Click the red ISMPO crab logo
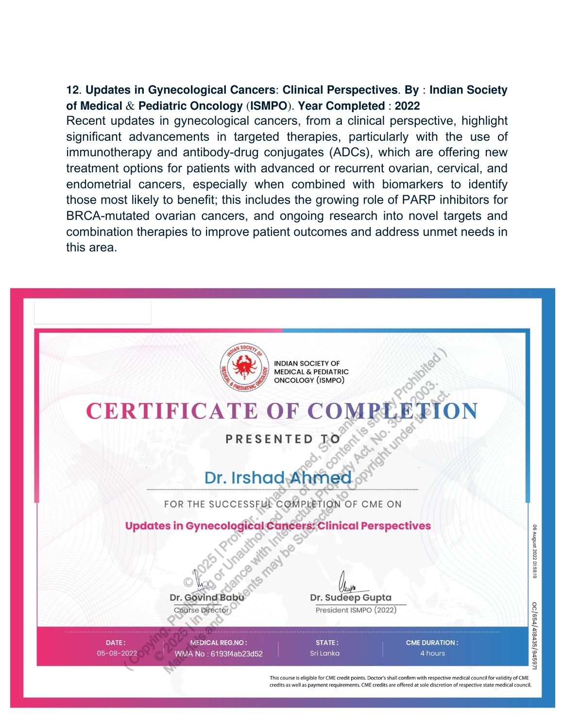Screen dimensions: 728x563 click(244, 367)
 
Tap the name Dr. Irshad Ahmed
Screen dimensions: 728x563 click(277, 478)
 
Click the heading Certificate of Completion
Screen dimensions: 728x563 click(282, 411)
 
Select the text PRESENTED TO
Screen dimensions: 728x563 click(283, 439)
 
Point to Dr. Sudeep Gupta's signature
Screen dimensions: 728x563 click(347, 581)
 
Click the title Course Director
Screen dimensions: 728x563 click(201, 610)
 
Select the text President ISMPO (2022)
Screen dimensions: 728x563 click(356, 610)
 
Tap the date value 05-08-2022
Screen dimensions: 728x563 click(117, 653)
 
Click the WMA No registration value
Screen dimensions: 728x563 click(219, 654)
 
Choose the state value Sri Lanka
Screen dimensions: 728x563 click(324, 653)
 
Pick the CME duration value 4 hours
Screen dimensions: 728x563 click(432, 653)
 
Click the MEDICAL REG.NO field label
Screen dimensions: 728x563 click(219, 643)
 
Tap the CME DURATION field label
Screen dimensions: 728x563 click(432, 643)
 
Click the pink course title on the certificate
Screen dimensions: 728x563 click(278, 526)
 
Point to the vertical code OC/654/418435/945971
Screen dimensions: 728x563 click(534, 635)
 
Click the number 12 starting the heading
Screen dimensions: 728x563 click(72, 90)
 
